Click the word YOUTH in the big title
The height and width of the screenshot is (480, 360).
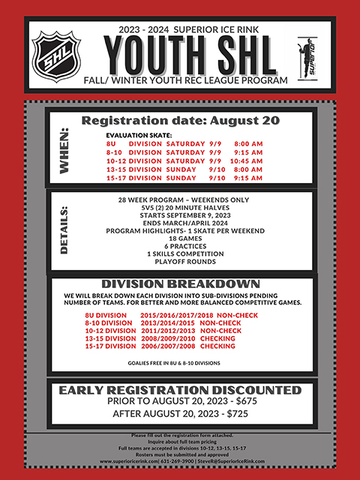point(148,55)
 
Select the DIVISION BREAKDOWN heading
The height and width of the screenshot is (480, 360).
point(180,284)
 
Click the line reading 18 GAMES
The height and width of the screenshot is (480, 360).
point(179,238)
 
